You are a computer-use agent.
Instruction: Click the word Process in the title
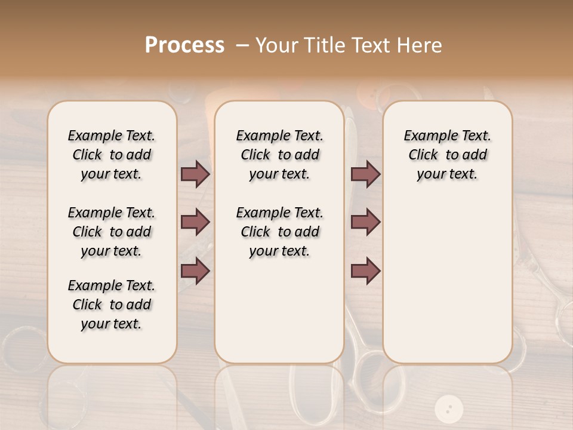click(x=185, y=45)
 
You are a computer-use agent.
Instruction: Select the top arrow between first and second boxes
click(x=195, y=174)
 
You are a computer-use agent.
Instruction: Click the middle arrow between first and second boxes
click(x=195, y=223)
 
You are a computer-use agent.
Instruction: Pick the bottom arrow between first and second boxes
click(x=195, y=271)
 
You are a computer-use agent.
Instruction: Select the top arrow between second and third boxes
click(x=365, y=174)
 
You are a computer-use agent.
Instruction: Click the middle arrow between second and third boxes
click(x=365, y=223)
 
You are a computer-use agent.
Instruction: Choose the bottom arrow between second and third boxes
click(x=365, y=271)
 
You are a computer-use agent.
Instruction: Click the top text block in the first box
click(x=112, y=155)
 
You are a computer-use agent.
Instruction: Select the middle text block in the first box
click(x=112, y=232)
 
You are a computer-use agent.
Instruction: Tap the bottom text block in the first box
click(x=112, y=305)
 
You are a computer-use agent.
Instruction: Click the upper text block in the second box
click(x=279, y=155)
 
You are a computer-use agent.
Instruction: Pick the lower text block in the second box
click(x=279, y=232)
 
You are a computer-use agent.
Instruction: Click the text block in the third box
click(x=448, y=155)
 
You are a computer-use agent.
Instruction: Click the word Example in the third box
click(x=427, y=136)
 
